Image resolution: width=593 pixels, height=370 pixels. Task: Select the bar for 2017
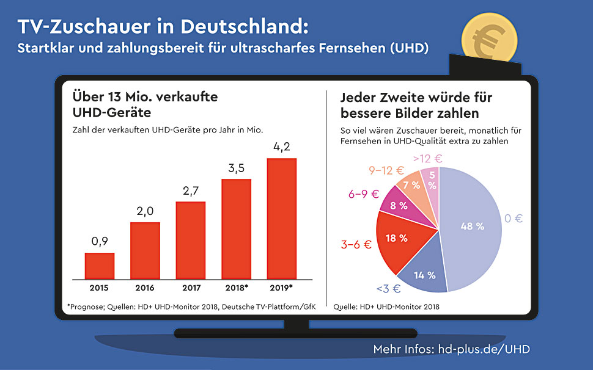pyautogui.click(x=191, y=239)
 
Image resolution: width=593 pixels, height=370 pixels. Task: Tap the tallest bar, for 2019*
pyautogui.click(x=282, y=218)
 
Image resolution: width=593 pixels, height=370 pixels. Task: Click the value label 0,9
pyautogui.click(x=99, y=242)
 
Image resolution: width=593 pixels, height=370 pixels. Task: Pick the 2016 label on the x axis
pyautogui.click(x=145, y=287)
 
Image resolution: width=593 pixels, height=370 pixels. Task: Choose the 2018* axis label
pyautogui.click(x=236, y=287)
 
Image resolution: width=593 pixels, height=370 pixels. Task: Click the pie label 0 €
pyautogui.click(x=514, y=218)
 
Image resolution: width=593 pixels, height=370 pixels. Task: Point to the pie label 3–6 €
pyautogui.click(x=355, y=245)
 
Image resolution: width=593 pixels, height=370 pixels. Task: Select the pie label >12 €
pyautogui.click(x=427, y=159)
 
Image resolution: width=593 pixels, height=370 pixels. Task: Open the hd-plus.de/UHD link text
pyautogui.click(x=484, y=350)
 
